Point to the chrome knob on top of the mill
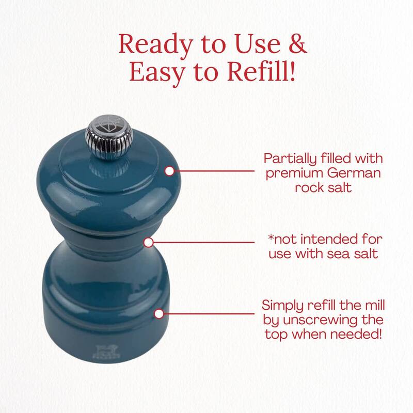point(109,137)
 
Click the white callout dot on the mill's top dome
point(170,171)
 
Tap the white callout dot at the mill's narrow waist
point(149,242)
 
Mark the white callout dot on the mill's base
point(159,314)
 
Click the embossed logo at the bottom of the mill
point(106,352)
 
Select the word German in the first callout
point(354,173)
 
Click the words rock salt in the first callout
point(323,187)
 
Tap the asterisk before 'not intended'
point(271,237)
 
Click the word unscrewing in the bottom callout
point(321,321)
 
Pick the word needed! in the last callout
point(356,334)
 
